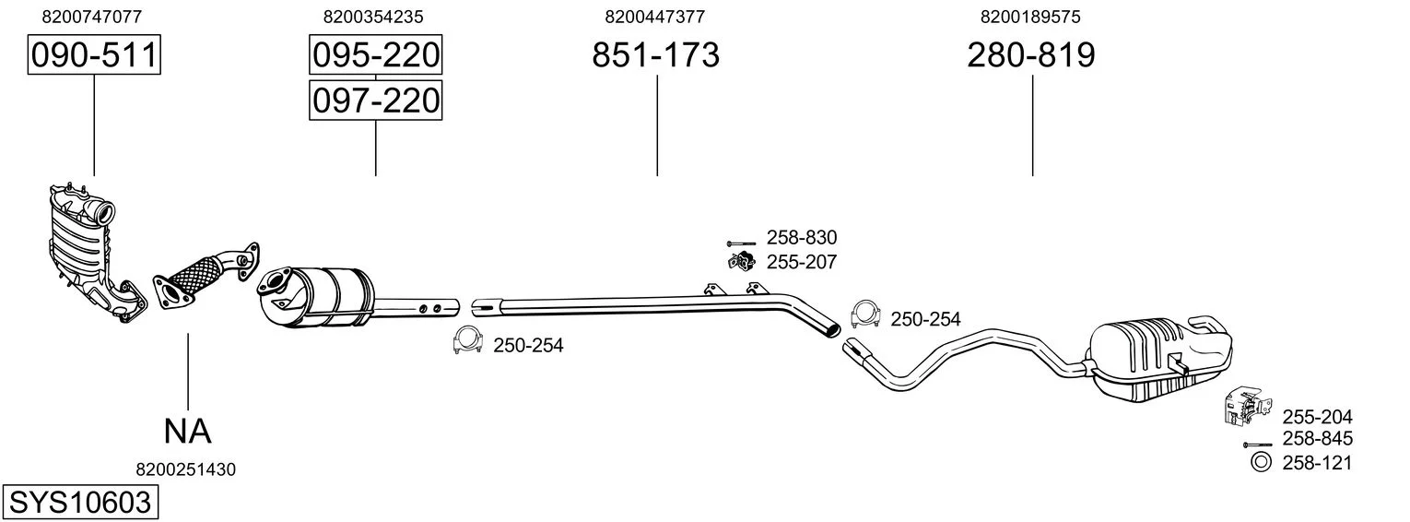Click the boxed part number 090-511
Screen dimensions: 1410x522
pyautogui.click(x=94, y=54)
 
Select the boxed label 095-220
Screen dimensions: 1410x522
pyautogui.click(x=376, y=54)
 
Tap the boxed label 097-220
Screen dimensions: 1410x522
pyautogui.click(x=376, y=101)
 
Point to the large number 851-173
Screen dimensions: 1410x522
pyautogui.click(x=655, y=54)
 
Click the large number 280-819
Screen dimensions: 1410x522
pyautogui.click(x=1031, y=54)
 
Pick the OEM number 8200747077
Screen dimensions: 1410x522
pyautogui.click(x=92, y=17)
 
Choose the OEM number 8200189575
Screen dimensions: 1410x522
pyautogui.click(x=1030, y=17)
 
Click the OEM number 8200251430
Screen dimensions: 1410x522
pyautogui.click(x=185, y=469)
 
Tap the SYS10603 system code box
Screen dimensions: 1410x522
pyautogui.click(x=80, y=503)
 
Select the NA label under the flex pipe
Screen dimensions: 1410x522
pyautogui.click(x=187, y=432)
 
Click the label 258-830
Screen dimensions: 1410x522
pyautogui.click(x=802, y=237)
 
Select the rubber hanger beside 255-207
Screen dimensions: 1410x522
pyautogui.click(x=742, y=261)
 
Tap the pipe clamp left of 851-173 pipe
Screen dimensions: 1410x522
pyautogui.click(x=467, y=340)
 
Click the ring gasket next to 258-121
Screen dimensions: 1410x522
pyautogui.click(x=1261, y=463)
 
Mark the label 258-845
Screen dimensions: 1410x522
pyautogui.click(x=1318, y=438)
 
